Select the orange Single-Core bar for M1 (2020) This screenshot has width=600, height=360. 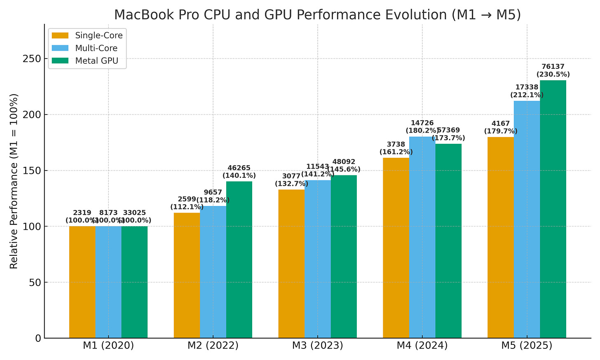82,282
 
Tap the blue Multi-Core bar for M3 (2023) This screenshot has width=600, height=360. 317,259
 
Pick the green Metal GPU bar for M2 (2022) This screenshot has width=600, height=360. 239,259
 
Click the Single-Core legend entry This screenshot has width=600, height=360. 87,35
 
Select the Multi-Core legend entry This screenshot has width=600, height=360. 87,48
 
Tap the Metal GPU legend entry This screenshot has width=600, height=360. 87,61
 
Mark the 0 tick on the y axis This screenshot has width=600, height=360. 38,338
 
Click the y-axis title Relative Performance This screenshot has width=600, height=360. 14,181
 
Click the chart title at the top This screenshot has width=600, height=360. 317,14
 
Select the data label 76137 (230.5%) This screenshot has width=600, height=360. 553,70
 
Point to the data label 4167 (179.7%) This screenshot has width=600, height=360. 501,127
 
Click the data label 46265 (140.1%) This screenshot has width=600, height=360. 239,172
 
